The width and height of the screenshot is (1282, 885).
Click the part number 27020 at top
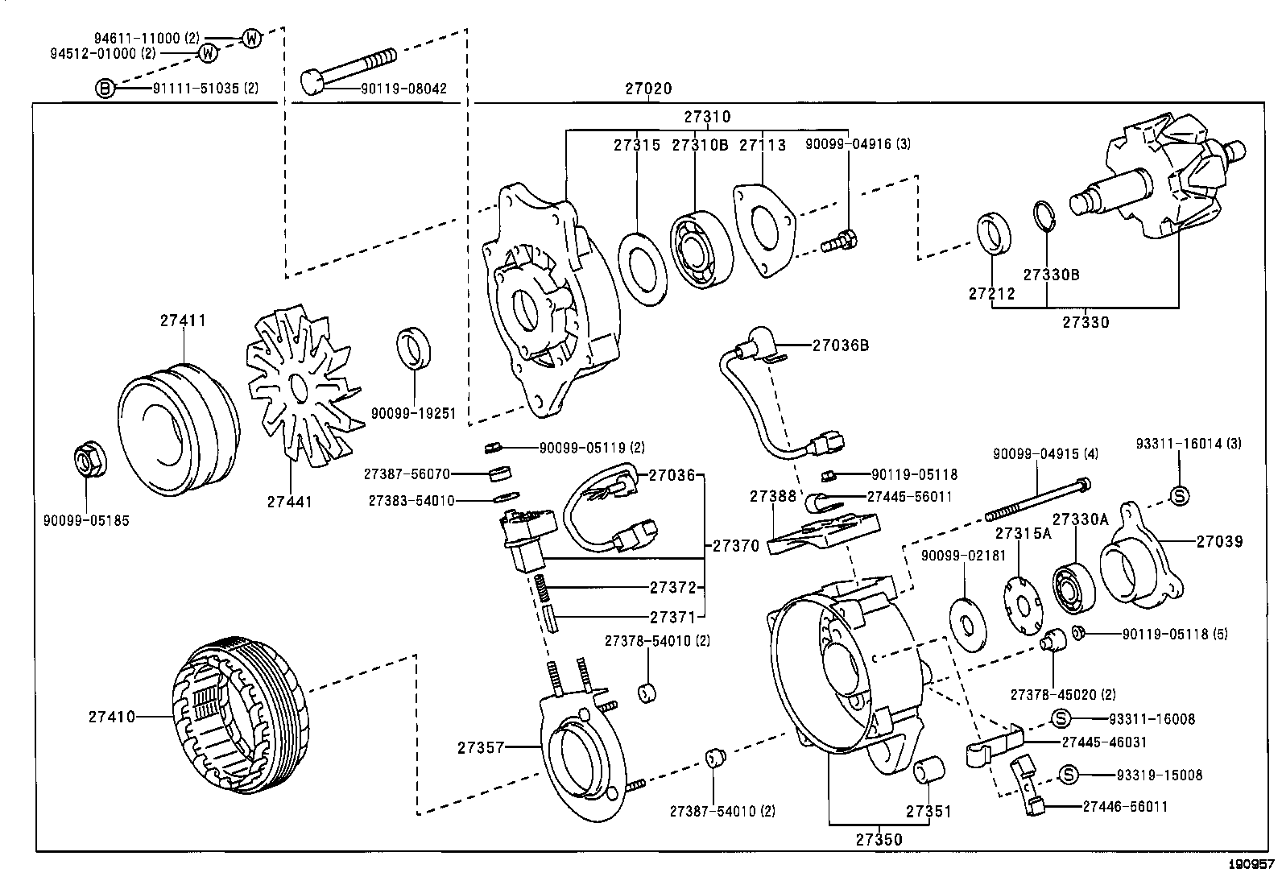click(x=648, y=89)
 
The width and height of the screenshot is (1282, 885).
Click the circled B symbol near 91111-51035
click(x=105, y=88)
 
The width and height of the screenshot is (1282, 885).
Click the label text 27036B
click(x=840, y=345)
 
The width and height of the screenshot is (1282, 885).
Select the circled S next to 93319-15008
click(x=1068, y=775)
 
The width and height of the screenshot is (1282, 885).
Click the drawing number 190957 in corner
click(x=1251, y=866)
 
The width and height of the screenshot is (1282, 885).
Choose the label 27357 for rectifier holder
click(x=481, y=747)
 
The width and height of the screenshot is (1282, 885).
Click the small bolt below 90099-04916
click(x=839, y=239)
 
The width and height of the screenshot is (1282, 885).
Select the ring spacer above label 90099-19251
click(x=414, y=347)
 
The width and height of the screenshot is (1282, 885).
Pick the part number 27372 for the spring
click(x=672, y=587)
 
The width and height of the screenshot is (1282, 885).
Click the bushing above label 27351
click(x=929, y=768)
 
